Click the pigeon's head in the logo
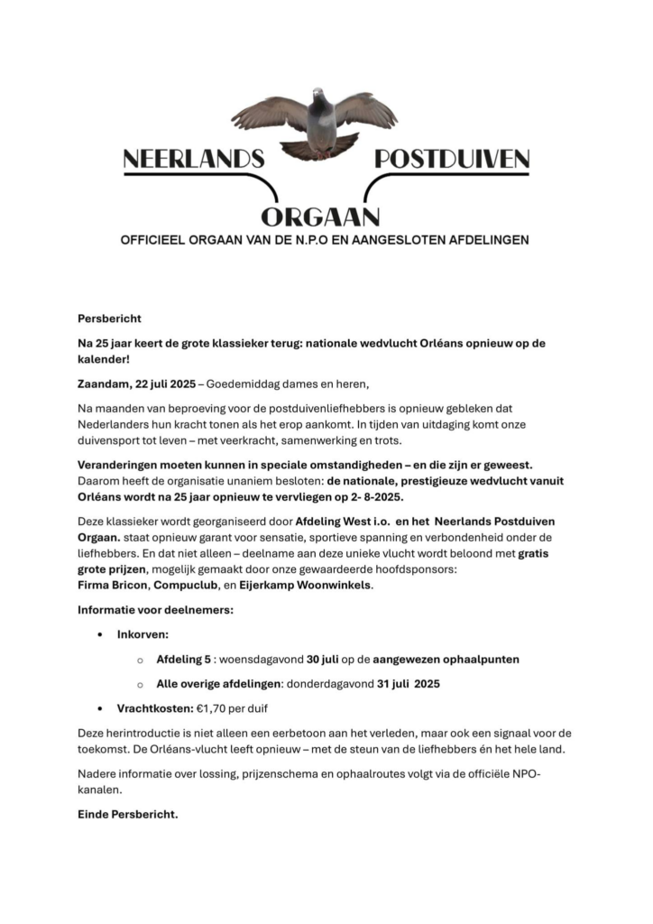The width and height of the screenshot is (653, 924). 317,94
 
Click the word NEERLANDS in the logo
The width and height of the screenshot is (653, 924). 193,161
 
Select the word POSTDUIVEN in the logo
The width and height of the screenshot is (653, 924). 451,161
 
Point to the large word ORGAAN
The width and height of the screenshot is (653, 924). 320,216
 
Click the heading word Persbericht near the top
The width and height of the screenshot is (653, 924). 109,319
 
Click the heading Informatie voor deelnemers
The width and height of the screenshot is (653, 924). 155,610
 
